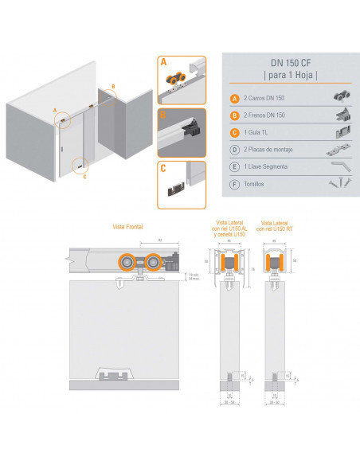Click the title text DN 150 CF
[290, 62]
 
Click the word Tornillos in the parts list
[255, 184]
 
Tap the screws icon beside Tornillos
[336, 183]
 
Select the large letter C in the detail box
[163, 168]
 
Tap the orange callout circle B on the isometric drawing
[113, 85]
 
